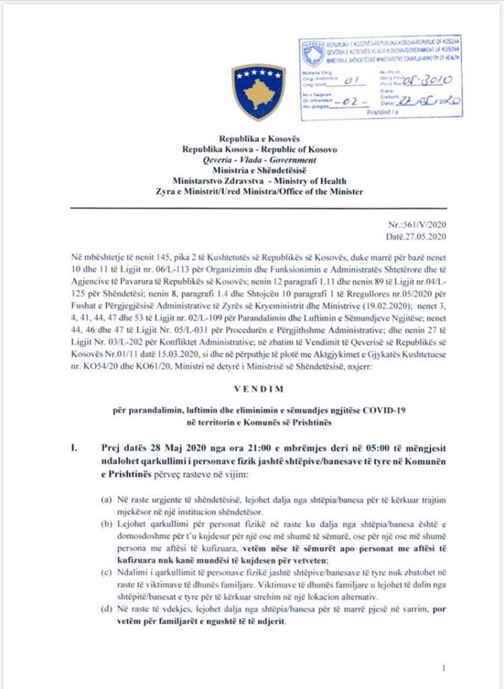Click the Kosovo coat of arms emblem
[258, 91]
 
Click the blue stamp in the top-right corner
[381, 78]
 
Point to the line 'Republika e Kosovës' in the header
[260, 139]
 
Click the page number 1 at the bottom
[444, 668]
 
